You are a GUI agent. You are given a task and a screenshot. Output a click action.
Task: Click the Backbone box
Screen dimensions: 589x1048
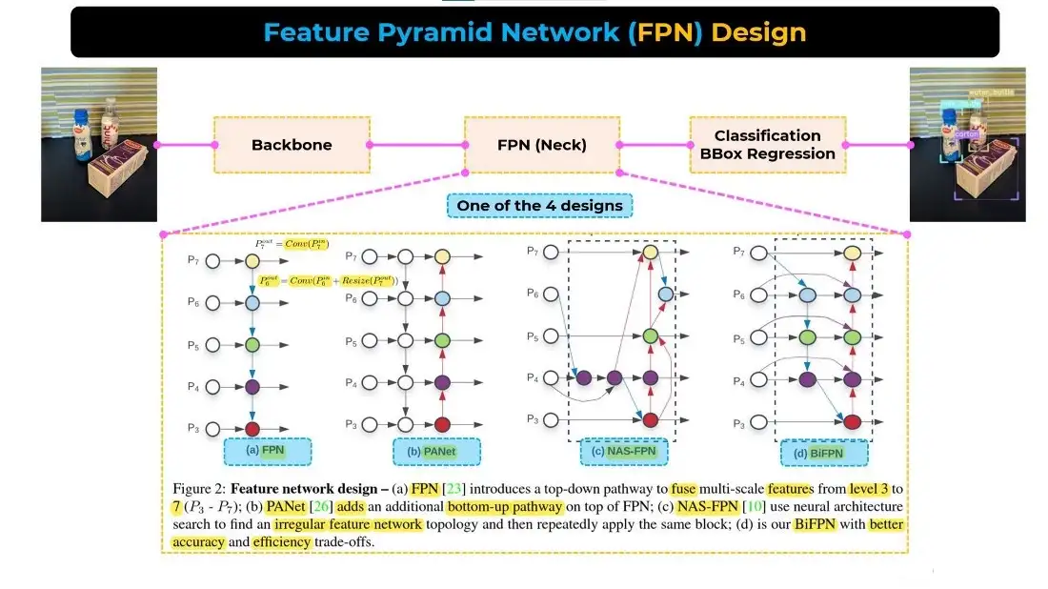pos(292,145)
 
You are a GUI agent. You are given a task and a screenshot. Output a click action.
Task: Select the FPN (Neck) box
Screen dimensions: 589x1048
pos(542,145)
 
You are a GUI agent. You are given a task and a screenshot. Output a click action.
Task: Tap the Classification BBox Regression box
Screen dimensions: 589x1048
pos(767,145)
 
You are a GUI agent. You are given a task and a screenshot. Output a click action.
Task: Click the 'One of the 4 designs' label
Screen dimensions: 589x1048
pos(539,205)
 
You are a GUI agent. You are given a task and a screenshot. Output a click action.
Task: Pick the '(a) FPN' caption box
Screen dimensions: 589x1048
pos(266,449)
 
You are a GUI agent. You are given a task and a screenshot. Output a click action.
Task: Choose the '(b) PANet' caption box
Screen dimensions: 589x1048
pos(436,451)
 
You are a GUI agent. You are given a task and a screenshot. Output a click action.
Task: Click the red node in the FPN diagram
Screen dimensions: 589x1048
pos(252,429)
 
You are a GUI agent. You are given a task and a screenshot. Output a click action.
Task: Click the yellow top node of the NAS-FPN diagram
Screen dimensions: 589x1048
pos(651,253)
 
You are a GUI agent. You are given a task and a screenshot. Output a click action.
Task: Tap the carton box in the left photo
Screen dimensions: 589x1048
pos(117,168)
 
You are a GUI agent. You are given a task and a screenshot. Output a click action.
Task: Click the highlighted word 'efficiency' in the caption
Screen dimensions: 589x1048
pos(282,541)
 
